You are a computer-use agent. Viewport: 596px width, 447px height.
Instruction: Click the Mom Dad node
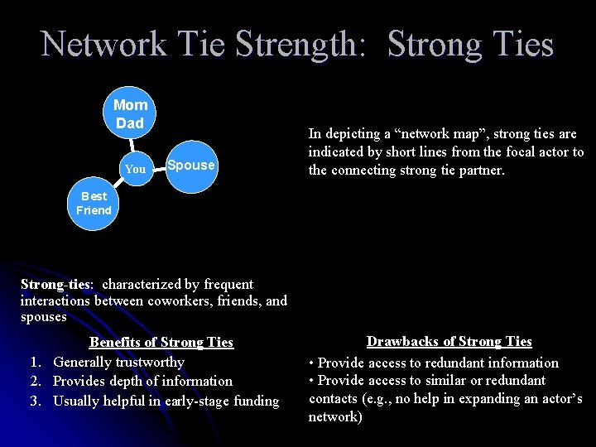pos(129,114)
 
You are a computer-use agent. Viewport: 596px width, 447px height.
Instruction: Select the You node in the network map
pos(135,169)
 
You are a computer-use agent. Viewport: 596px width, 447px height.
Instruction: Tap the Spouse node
pos(190,165)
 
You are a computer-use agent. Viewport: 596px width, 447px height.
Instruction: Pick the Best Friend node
pos(94,203)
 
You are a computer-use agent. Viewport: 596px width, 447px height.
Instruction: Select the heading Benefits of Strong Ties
pos(161,342)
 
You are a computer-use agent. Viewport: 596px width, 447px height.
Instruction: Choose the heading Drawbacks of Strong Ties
pos(449,341)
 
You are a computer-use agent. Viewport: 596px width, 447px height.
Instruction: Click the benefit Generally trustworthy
pos(118,362)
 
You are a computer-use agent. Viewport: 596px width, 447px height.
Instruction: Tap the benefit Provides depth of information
pos(142,381)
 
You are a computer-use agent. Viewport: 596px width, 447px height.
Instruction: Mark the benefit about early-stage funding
pos(166,401)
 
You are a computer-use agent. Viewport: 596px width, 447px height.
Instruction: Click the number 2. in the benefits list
pos(36,381)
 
